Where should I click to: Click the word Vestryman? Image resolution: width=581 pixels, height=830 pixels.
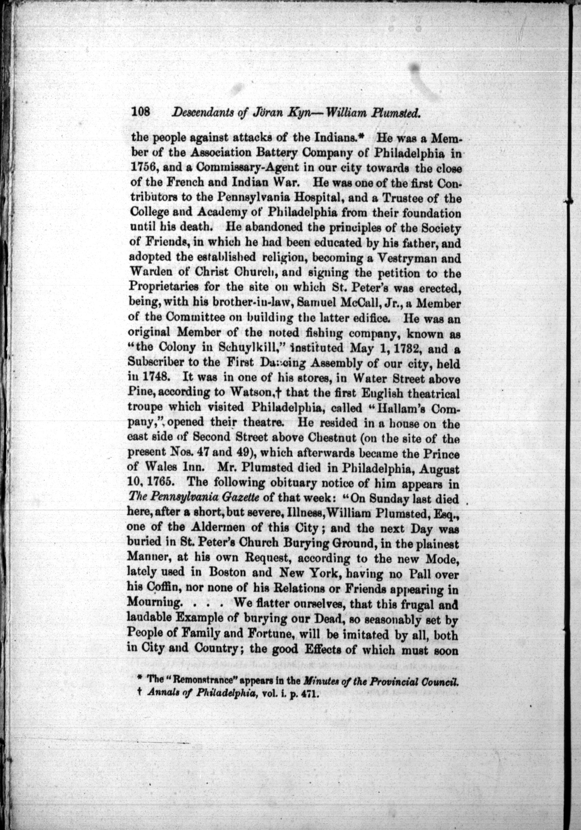(411, 258)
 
